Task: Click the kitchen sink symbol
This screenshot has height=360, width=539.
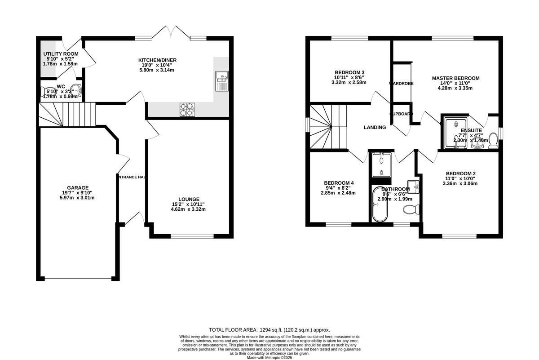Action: (x=222, y=81)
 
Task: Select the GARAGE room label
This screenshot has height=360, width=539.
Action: (x=78, y=188)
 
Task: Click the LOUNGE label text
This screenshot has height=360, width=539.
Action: (x=189, y=199)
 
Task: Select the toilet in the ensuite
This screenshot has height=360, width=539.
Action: (x=493, y=140)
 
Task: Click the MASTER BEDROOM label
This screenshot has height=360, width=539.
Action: (x=455, y=78)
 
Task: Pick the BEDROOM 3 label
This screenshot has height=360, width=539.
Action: (x=349, y=72)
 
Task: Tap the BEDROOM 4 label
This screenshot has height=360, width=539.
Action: (x=339, y=183)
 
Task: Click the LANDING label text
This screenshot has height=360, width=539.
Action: (x=375, y=128)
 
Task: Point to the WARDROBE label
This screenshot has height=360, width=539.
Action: (x=401, y=84)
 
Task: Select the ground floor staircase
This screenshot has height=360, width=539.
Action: (x=67, y=114)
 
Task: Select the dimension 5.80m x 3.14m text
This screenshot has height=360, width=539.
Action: (x=157, y=70)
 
